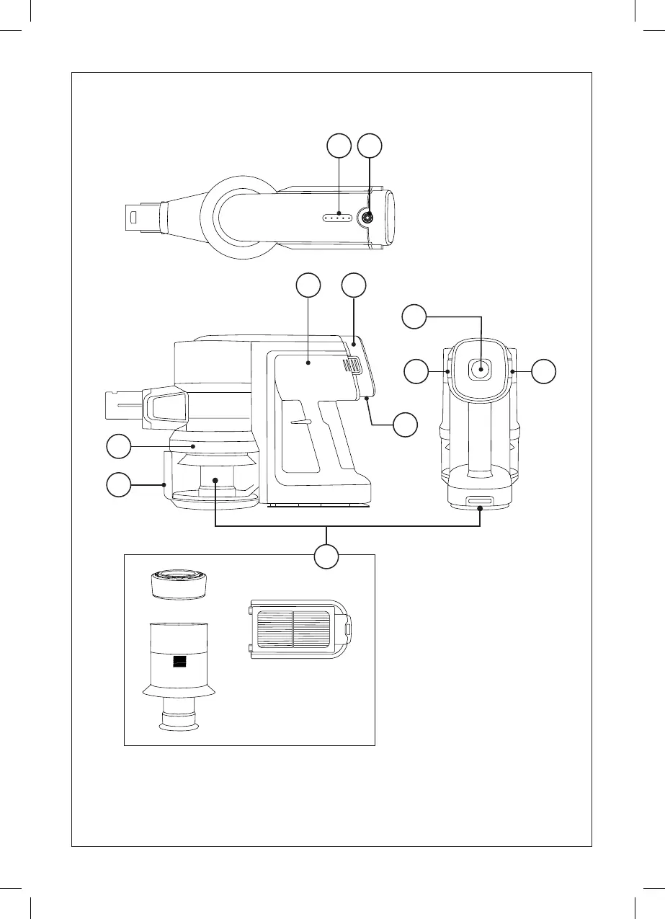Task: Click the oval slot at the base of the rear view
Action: tap(480, 500)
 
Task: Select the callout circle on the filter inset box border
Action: tap(327, 556)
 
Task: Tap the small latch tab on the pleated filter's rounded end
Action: tap(348, 629)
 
